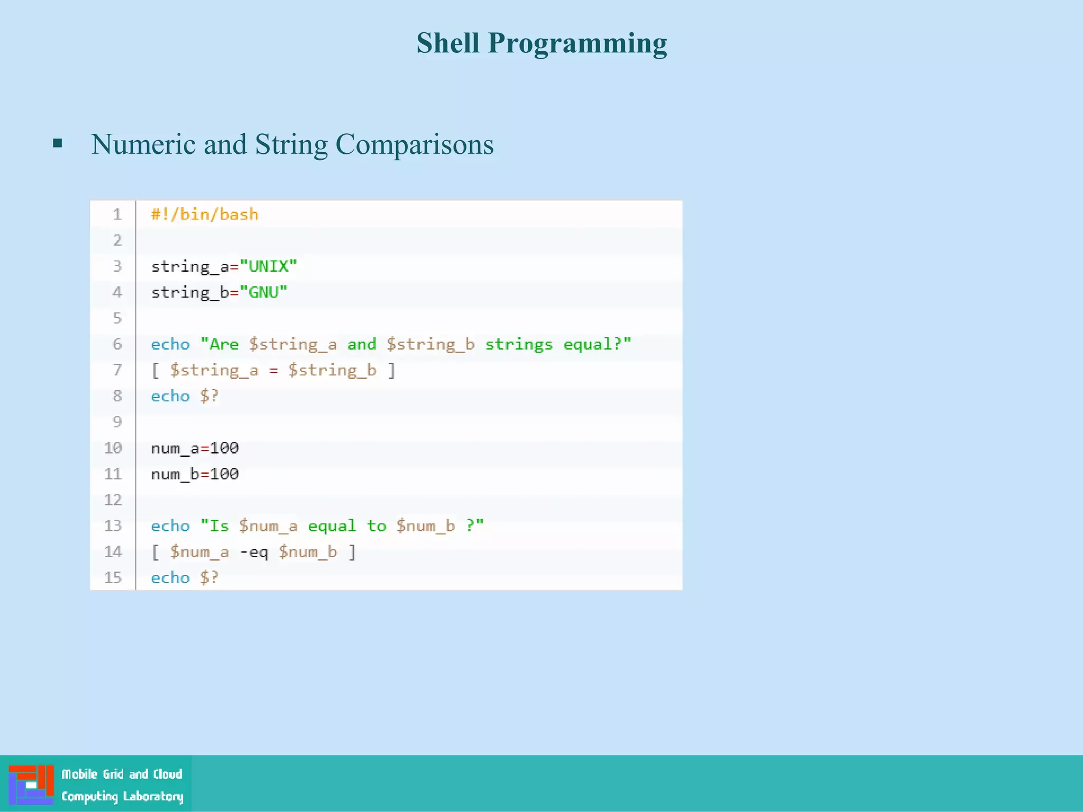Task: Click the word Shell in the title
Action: coord(447,43)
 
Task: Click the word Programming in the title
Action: coord(577,44)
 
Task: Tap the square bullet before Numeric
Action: coord(58,143)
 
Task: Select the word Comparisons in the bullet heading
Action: coord(414,144)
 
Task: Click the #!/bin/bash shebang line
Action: coord(205,215)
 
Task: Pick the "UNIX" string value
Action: coord(268,266)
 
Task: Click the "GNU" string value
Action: coord(263,292)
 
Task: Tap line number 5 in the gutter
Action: coord(117,318)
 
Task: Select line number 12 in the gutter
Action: coord(113,500)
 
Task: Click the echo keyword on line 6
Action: coord(170,345)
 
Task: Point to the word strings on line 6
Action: coord(518,345)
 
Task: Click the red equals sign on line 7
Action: coord(273,371)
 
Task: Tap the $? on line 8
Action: coord(209,396)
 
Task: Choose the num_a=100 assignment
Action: coord(195,448)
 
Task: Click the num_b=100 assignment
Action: coord(195,474)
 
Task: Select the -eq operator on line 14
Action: coord(254,552)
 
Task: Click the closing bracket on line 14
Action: coord(352,552)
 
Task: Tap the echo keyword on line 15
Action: coord(170,578)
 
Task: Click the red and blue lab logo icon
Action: coord(31,785)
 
